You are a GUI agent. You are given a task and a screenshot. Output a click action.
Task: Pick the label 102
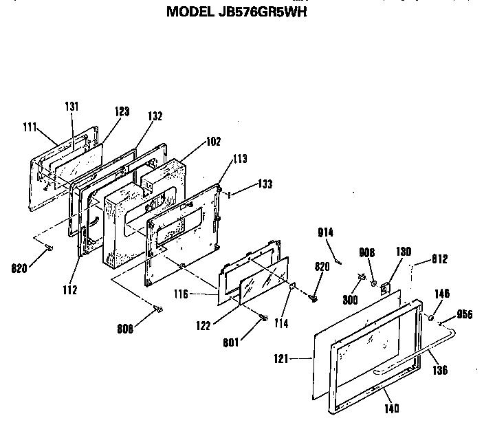213,143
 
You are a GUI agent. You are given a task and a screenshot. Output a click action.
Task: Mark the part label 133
265,184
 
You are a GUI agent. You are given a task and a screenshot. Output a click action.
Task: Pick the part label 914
326,232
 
